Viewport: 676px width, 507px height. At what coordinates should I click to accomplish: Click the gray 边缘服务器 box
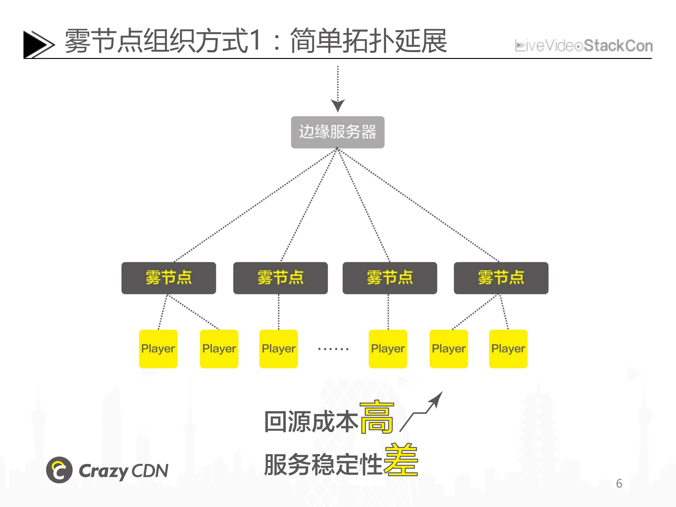tap(337, 132)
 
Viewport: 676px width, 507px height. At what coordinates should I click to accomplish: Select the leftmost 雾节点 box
tap(168, 278)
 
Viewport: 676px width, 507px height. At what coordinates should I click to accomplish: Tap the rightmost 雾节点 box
tap(501, 278)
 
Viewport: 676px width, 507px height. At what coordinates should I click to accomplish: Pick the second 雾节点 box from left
tap(280, 278)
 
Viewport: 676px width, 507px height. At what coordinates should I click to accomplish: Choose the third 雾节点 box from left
tap(390, 278)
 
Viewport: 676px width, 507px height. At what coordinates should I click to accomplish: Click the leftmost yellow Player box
tap(158, 349)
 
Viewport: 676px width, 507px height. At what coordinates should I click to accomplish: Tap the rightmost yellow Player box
tap(508, 349)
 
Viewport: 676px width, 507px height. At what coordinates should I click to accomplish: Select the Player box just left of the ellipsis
tap(278, 349)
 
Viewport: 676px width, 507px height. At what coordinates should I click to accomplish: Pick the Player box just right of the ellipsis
tap(388, 349)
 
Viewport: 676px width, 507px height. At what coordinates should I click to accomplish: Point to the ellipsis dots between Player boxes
tap(333, 349)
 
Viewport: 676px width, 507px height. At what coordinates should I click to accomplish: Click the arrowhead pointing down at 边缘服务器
tap(338, 105)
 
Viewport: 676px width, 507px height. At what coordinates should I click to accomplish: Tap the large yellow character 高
tap(377, 417)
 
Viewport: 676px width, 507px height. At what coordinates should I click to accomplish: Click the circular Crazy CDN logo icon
tap(59, 470)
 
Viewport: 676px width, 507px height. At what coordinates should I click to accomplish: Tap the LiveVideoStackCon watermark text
tap(584, 46)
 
